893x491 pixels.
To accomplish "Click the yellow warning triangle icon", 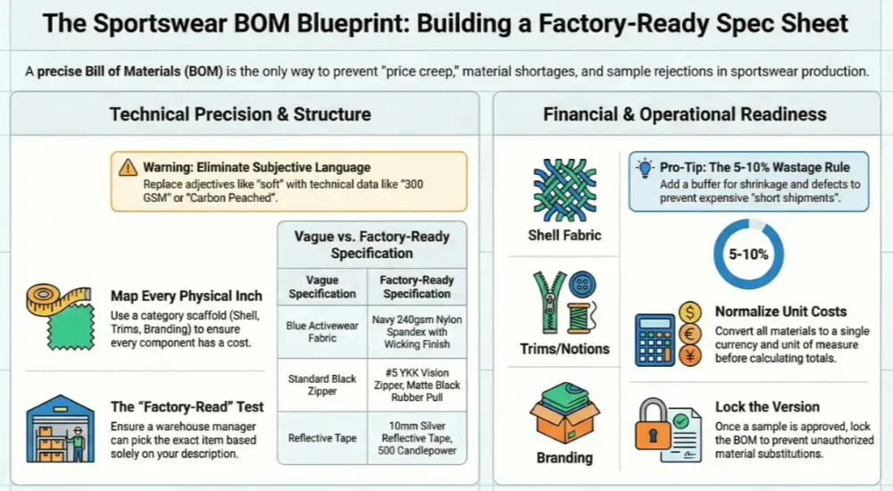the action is click(128, 168).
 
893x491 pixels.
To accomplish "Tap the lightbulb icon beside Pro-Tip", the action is click(646, 168).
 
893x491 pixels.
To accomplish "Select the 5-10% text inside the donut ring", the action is click(748, 254).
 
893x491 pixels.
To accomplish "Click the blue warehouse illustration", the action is click(61, 428).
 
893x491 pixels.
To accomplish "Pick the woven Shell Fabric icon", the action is click(564, 190).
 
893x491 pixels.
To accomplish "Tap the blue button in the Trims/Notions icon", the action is click(582, 285).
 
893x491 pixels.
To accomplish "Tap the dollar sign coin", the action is click(690, 312).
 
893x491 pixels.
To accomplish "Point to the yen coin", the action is click(690, 356).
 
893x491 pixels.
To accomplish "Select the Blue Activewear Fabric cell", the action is click(322, 331).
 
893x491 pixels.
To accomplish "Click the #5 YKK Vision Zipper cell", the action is click(417, 385).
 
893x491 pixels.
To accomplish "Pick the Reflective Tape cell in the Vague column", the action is click(322, 438).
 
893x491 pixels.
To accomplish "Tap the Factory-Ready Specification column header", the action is click(417, 287).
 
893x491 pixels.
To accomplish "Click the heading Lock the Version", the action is click(767, 407).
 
